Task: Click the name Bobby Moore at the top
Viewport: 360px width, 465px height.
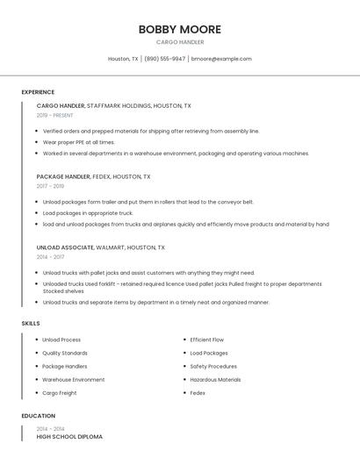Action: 180,30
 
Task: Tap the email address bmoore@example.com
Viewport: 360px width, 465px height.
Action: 221,59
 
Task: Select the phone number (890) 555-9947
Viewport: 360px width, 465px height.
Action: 164,59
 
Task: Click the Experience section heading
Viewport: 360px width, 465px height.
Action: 38,92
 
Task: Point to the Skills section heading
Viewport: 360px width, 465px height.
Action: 31,324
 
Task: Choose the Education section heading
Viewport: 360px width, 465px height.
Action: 38,416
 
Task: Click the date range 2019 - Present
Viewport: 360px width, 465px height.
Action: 55,115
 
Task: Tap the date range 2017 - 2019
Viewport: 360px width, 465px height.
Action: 50,186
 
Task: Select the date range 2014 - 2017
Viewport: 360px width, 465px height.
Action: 50,257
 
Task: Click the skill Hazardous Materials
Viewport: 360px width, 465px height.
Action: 215,380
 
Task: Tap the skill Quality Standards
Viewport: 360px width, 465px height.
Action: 65,353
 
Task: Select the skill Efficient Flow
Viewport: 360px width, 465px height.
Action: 207,340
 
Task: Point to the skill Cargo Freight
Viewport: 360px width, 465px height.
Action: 60,393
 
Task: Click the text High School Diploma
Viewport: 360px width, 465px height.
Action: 69,436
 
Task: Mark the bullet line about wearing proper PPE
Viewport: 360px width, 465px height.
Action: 79,142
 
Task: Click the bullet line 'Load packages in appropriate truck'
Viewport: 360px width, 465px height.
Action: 88,213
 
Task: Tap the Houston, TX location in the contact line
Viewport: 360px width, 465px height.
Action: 123,59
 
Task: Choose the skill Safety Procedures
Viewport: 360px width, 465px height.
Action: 213,366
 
